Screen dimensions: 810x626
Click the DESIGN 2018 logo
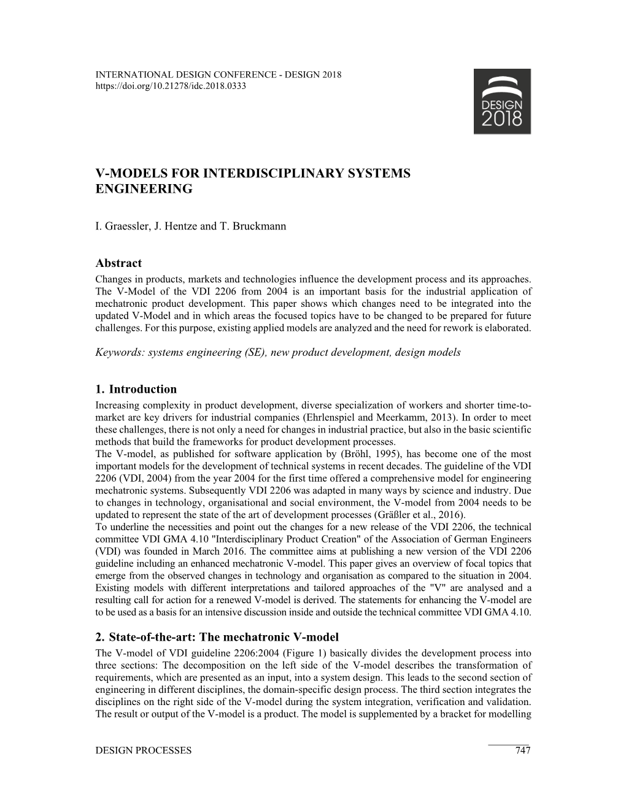502,101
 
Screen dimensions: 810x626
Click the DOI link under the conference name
171,86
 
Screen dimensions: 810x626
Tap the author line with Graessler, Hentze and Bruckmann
191,225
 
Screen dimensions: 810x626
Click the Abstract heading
118,263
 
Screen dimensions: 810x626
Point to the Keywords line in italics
278,352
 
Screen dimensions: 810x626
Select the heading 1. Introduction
136,389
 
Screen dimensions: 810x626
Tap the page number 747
522,750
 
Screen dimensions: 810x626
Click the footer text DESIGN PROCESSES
144,750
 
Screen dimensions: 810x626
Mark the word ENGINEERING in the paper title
144,189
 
